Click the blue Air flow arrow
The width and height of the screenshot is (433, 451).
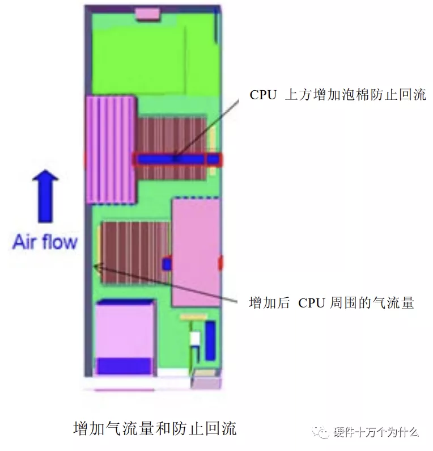pyautogui.click(x=45, y=196)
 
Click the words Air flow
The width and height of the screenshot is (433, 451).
pyautogui.click(x=45, y=242)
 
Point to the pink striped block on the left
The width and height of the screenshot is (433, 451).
pyautogui.click(x=111, y=150)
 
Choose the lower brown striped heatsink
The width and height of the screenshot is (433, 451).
pyautogui.click(x=135, y=252)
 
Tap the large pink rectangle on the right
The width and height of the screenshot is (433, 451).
pyautogui.click(x=196, y=252)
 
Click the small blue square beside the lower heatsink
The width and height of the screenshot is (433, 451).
pyautogui.click(x=167, y=264)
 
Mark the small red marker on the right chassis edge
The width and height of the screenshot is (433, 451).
pyautogui.click(x=220, y=263)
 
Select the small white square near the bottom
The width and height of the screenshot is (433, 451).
pyautogui.click(x=194, y=339)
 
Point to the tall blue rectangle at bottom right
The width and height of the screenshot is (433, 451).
pyautogui.click(x=210, y=340)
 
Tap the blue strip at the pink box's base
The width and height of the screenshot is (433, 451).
pyautogui.click(x=124, y=366)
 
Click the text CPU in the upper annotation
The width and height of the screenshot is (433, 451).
pyautogui.click(x=263, y=95)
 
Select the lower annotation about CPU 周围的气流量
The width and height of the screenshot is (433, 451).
pyautogui.click(x=332, y=303)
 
